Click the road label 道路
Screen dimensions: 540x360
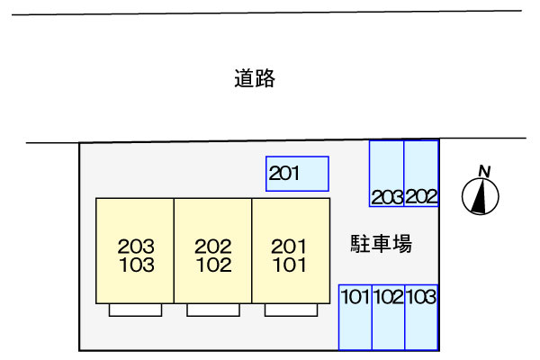(x=255, y=79)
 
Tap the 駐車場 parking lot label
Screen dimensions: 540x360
(x=381, y=244)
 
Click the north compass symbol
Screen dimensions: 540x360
(x=481, y=197)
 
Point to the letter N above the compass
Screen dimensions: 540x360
(x=484, y=171)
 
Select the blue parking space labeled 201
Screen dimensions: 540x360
(x=297, y=174)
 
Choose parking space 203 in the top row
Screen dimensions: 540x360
(x=387, y=174)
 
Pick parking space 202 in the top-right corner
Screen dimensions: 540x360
(x=421, y=174)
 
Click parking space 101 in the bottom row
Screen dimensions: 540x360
(x=355, y=317)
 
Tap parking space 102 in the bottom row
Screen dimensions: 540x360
(x=388, y=317)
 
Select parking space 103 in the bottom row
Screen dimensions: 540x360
(x=421, y=317)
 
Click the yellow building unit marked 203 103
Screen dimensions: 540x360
(x=135, y=251)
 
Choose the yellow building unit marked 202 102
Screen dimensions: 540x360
(x=212, y=251)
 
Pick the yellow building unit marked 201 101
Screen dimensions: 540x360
(x=290, y=251)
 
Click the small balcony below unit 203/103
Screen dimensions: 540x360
(x=135, y=310)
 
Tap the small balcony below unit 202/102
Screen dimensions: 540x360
(x=213, y=310)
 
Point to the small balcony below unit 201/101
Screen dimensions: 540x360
(x=291, y=310)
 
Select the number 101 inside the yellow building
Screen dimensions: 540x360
(x=290, y=265)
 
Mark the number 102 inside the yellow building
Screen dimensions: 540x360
(x=213, y=265)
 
